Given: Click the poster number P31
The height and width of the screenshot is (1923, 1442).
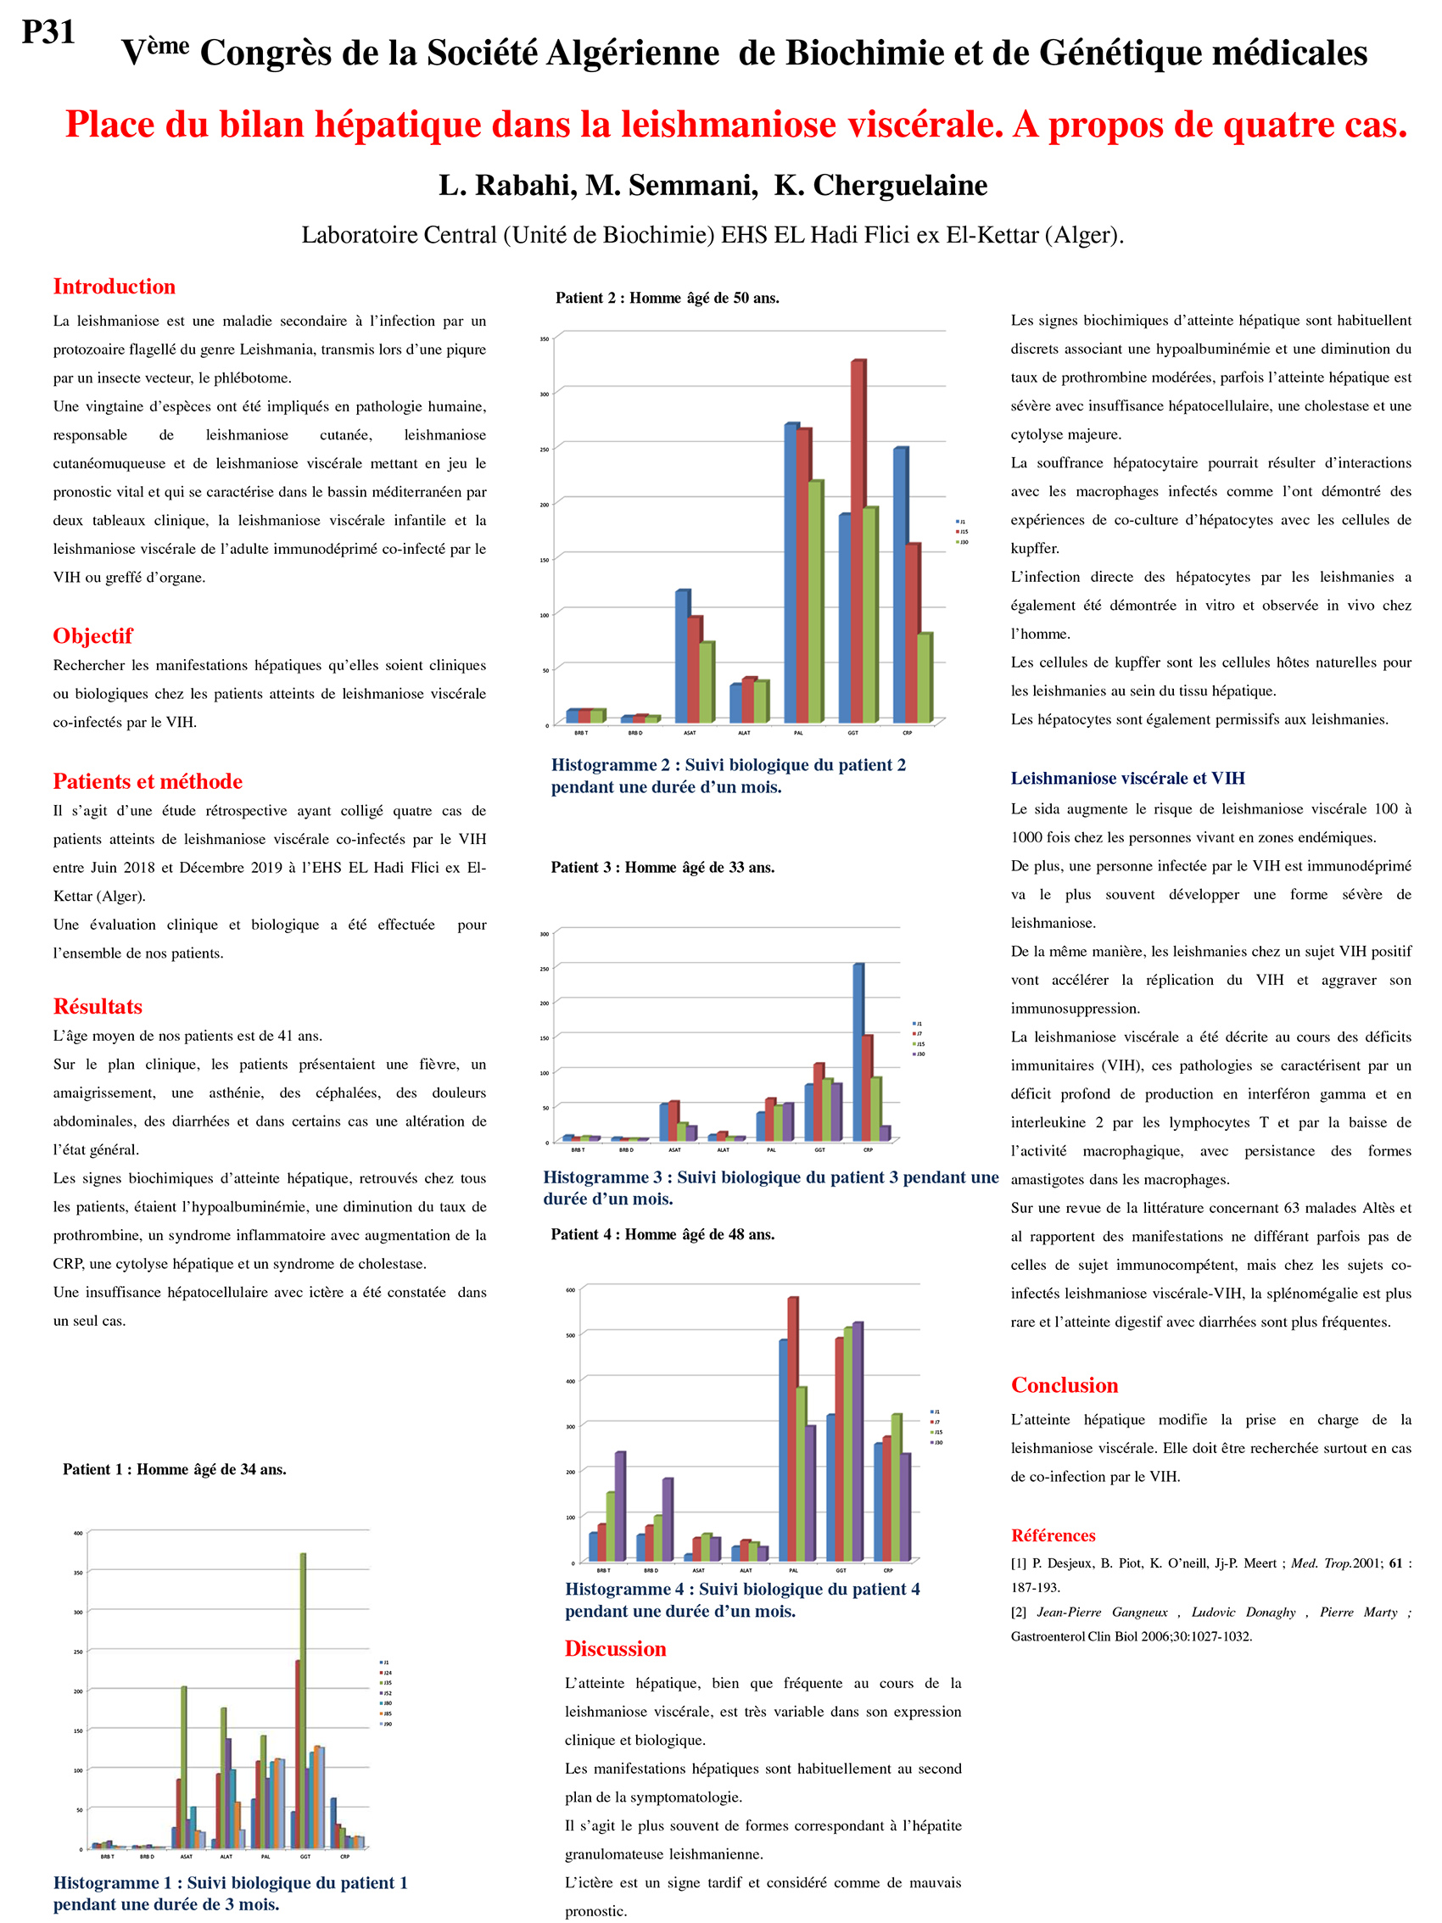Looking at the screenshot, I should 48,32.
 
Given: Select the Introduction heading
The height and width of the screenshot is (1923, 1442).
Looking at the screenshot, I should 114,286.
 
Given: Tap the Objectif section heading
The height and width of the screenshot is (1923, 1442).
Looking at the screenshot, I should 92,635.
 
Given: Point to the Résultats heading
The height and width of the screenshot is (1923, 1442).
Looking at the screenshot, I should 98,1006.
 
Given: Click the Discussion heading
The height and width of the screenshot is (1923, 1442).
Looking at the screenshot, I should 614,1648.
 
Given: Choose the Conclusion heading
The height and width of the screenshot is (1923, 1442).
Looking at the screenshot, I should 1064,1385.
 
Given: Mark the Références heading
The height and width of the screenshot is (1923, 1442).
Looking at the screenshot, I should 1052,1535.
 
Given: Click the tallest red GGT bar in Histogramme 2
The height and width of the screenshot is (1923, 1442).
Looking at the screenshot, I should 857,539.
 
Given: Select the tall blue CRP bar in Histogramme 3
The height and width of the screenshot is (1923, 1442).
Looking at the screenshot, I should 858,1052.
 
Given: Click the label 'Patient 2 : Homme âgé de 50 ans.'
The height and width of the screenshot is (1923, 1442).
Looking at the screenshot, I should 667,299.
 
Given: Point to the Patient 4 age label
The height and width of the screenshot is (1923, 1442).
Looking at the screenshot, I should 662,1234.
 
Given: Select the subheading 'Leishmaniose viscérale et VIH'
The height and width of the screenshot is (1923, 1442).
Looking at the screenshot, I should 1127,778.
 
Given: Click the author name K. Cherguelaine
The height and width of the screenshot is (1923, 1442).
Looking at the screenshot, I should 880,185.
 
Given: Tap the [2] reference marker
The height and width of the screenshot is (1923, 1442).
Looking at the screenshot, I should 1019,1612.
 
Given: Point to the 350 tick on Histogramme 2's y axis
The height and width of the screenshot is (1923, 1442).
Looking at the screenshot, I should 544,338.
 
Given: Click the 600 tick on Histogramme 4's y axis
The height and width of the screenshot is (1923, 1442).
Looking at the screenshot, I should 570,1290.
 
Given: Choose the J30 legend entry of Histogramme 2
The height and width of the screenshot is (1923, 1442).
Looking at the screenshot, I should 962,541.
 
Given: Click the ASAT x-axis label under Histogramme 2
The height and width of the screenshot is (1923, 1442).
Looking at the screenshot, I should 690,733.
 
